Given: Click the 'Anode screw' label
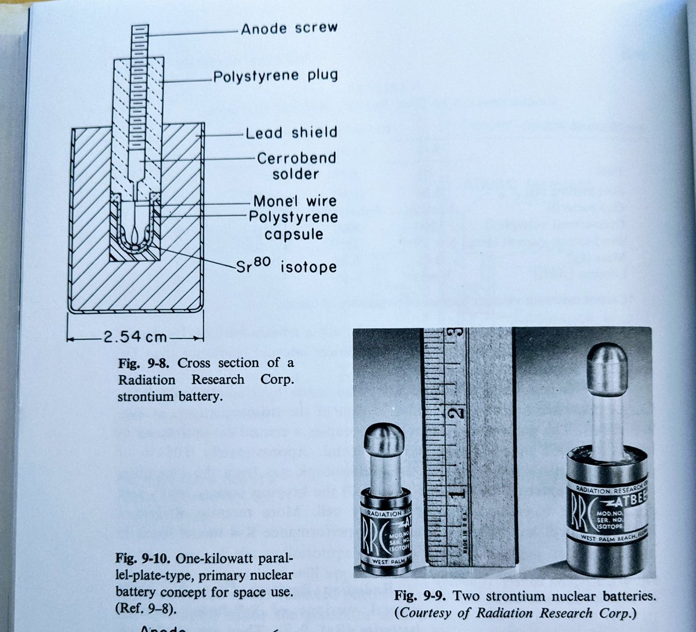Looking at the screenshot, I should click(289, 28).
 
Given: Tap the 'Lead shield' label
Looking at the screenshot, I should click(291, 133).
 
